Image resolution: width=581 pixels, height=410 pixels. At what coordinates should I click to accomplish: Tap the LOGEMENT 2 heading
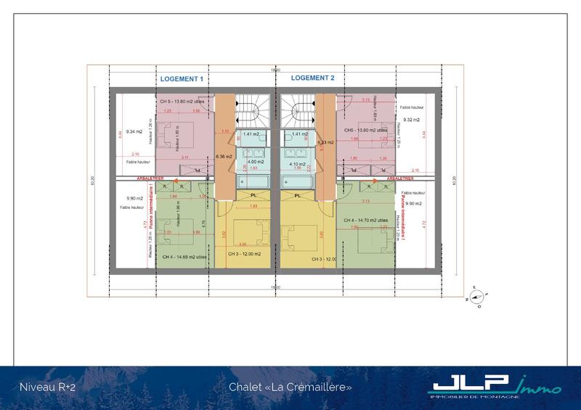313,78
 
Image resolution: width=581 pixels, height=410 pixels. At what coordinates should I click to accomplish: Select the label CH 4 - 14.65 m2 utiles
186,257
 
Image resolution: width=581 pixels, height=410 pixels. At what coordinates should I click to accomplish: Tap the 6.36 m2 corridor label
224,156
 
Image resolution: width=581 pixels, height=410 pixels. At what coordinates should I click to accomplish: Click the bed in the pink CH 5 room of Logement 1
174,136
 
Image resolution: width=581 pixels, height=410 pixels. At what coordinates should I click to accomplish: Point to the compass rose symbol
478,296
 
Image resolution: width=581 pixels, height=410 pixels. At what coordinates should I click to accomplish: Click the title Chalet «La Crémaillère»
290,388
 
